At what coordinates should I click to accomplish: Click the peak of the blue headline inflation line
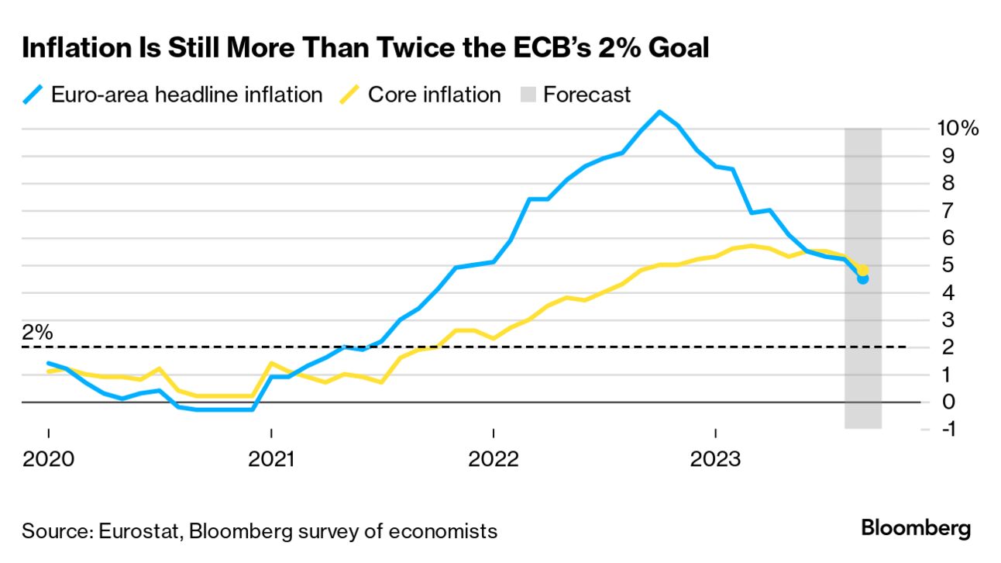659,112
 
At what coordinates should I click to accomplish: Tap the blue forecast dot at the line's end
862,278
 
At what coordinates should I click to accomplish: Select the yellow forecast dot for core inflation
862,270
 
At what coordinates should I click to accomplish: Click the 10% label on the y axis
958,129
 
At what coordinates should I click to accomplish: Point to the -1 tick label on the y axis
946,429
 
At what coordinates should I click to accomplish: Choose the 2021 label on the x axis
270,459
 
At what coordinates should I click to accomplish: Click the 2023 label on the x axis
715,459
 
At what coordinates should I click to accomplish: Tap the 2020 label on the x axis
48,459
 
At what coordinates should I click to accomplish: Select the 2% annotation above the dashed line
37,333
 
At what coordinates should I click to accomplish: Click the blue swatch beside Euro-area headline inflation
33,95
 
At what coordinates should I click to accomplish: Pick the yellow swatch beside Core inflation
350,95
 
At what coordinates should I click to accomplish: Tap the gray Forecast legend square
525,95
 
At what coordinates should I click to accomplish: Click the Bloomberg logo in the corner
916,529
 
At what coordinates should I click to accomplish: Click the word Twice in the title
427,49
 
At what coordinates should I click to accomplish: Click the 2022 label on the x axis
493,459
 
